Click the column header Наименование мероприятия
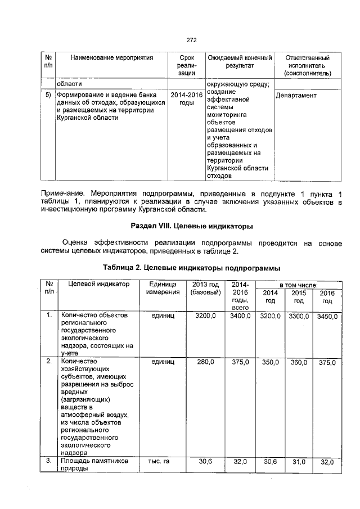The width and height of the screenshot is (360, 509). click(112, 58)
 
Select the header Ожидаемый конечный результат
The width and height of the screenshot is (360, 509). click(240, 62)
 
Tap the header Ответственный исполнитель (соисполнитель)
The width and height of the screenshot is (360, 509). click(307, 66)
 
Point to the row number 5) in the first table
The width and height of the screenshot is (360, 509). click(48, 96)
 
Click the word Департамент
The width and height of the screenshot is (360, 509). click(296, 96)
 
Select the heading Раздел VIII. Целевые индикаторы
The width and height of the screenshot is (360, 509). click(191, 226)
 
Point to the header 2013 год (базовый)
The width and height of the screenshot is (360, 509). click(205, 289)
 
